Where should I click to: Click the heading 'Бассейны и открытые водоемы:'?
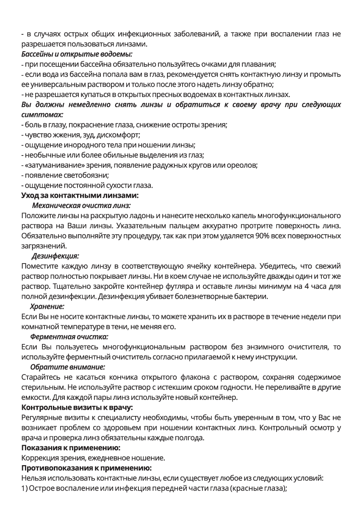pyautogui.click(x=77, y=54)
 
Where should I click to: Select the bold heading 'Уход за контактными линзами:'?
pyautogui.click(x=80, y=195)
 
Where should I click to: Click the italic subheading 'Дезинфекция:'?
pyautogui.click(x=55, y=256)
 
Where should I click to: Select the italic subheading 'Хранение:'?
pyautogui.click(x=47, y=306)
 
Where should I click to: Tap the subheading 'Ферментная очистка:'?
pyautogui.click(x=69, y=337)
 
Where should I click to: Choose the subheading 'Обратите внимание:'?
pyautogui.click(x=67, y=366)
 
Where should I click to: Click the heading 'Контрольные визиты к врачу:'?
pyautogui.click(x=78, y=408)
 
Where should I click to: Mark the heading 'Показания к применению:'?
pyautogui.click(x=71, y=447)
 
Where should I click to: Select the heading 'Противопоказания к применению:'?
pyautogui.click(x=86, y=468)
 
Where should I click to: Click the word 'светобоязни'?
pyautogui.click(x=88, y=175)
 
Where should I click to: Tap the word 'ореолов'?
pyautogui.click(x=242, y=165)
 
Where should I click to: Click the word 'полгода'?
pyautogui.click(x=191, y=437)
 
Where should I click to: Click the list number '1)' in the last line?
pyautogui.click(x=25, y=488)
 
